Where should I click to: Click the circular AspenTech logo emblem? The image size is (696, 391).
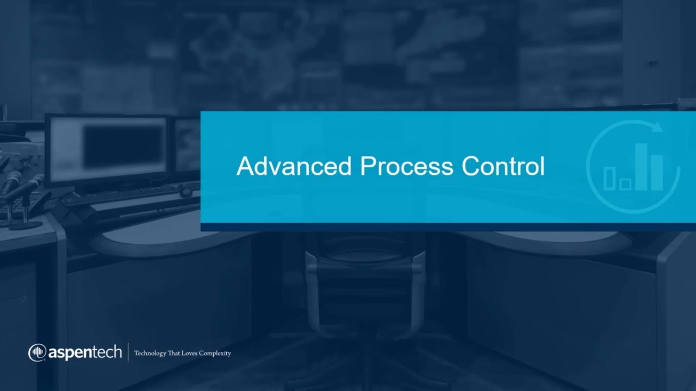click(x=38, y=353)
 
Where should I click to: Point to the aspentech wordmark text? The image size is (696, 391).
click(x=85, y=354)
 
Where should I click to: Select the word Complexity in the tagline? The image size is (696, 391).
click(x=215, y=354)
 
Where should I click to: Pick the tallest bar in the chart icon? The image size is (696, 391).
click(x=642, y=166)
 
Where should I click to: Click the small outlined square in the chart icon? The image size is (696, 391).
click(x=625, y=184)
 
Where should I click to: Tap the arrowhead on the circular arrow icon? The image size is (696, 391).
click(x=657, y=127)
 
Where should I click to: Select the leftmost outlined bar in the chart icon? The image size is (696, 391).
click(x=610, y=178)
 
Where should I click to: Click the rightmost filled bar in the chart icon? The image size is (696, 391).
click(x=657, y=172)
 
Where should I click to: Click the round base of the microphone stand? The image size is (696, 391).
click(x=26, y=224)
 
